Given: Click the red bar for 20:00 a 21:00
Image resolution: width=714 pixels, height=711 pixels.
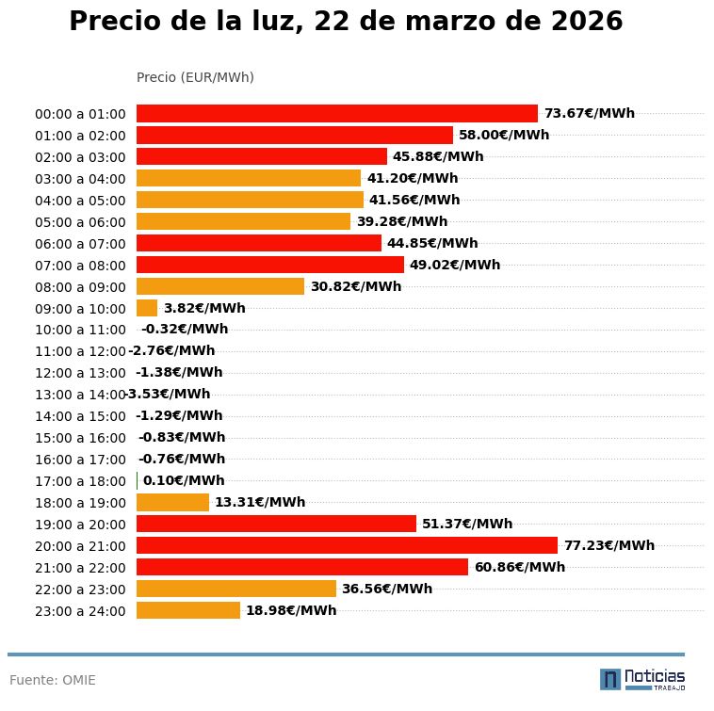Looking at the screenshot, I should click(347, 545).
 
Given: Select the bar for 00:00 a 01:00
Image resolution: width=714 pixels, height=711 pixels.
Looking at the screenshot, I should click(337, 113).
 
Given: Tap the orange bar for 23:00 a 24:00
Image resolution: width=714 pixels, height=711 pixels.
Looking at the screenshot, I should click(188, 610).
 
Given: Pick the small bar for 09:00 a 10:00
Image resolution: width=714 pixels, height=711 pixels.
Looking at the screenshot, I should click(147, 308).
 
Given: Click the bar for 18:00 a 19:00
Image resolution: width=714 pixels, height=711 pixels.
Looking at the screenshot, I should click(172, 502).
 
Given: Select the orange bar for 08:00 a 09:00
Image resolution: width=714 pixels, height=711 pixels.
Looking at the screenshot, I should click(220, 286).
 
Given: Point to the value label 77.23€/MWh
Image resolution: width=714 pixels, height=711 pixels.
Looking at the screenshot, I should click(609, 545).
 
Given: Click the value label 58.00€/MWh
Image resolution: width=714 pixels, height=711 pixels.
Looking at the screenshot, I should click(504, 135).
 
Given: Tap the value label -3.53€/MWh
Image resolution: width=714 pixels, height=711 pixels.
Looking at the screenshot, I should click(169, 394).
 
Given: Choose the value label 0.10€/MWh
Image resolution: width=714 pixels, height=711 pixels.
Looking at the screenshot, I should click(184, 480).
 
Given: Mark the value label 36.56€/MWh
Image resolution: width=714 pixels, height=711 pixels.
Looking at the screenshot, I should click(387, 589).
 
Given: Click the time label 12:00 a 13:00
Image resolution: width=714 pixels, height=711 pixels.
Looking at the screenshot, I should click(80, 373).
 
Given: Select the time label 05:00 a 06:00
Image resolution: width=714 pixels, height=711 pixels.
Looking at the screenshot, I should click(80, 222).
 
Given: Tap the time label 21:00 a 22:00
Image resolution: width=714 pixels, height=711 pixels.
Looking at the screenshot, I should click(80, 568).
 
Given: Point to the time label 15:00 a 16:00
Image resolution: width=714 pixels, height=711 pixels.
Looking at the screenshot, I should click(80, 438).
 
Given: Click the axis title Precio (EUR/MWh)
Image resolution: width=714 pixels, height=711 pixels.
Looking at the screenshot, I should click(195, 77).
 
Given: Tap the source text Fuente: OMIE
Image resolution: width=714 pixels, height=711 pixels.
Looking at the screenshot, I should click(53, 680).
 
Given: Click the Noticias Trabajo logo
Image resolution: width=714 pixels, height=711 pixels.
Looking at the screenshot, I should click(642, 678).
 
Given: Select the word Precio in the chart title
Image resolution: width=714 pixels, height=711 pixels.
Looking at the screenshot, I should click(114, 22).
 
